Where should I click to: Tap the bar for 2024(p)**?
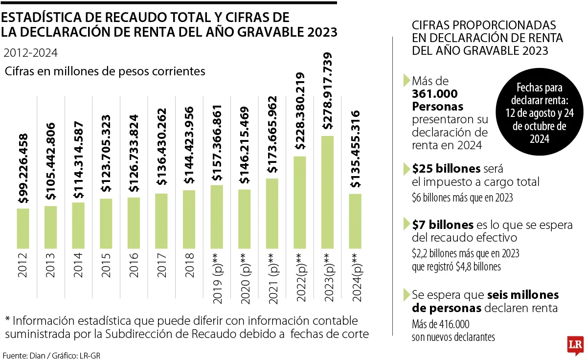point(356,222)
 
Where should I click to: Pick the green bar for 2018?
point(189,220)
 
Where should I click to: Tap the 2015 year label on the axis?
point(106,265)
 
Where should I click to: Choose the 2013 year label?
point(51,265)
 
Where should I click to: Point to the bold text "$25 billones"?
point(446,169)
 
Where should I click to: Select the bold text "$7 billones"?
point(443,225)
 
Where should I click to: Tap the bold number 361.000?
point(435,93)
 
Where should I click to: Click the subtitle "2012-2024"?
point(30,53)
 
